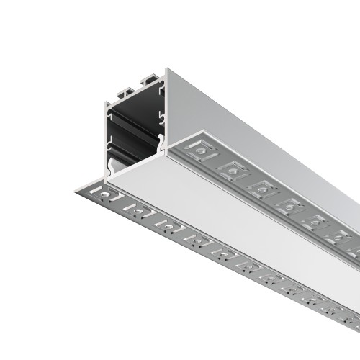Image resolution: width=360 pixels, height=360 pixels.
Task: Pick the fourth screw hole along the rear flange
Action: click(x=289, y=206)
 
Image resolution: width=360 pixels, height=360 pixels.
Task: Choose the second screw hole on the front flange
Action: click(x=135, y=210)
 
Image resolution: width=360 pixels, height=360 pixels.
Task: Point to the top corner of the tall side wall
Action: click(x=167, y=69)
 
